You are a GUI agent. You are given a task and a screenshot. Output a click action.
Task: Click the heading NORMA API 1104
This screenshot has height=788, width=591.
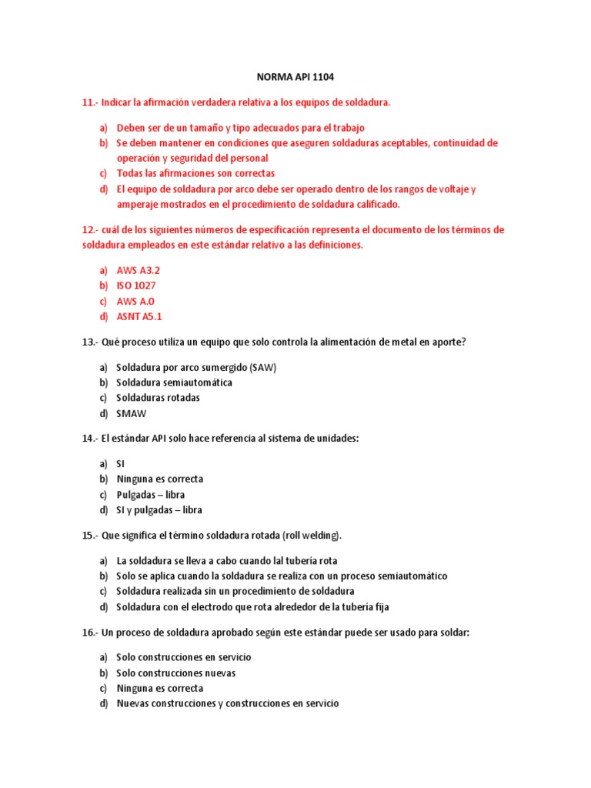click(295, 78)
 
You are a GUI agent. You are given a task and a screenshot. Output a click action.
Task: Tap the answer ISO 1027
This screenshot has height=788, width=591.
click(136, 285)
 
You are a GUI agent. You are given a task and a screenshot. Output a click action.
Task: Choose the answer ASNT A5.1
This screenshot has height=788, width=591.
click(139, 316)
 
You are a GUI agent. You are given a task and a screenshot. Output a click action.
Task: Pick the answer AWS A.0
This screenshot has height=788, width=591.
click(135, 301)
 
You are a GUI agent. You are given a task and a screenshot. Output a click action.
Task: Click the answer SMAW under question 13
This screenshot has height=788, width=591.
click(131, 413)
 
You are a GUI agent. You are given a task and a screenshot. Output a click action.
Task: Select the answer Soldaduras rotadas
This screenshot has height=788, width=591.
click(158, 398)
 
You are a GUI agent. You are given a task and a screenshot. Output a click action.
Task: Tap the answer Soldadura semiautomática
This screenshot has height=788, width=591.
click(174, 382)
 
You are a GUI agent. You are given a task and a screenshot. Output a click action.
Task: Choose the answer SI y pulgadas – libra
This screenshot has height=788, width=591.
click(159, 509)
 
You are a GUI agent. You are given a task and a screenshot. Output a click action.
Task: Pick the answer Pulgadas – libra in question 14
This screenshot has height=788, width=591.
click(150, 494)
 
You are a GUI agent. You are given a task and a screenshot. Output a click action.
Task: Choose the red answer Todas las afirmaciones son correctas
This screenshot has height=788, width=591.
click(195, 173)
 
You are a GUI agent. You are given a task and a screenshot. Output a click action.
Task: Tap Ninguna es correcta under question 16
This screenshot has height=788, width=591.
click(159, 688)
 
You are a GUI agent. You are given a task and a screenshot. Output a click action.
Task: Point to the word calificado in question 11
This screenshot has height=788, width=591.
click(376, 205)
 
